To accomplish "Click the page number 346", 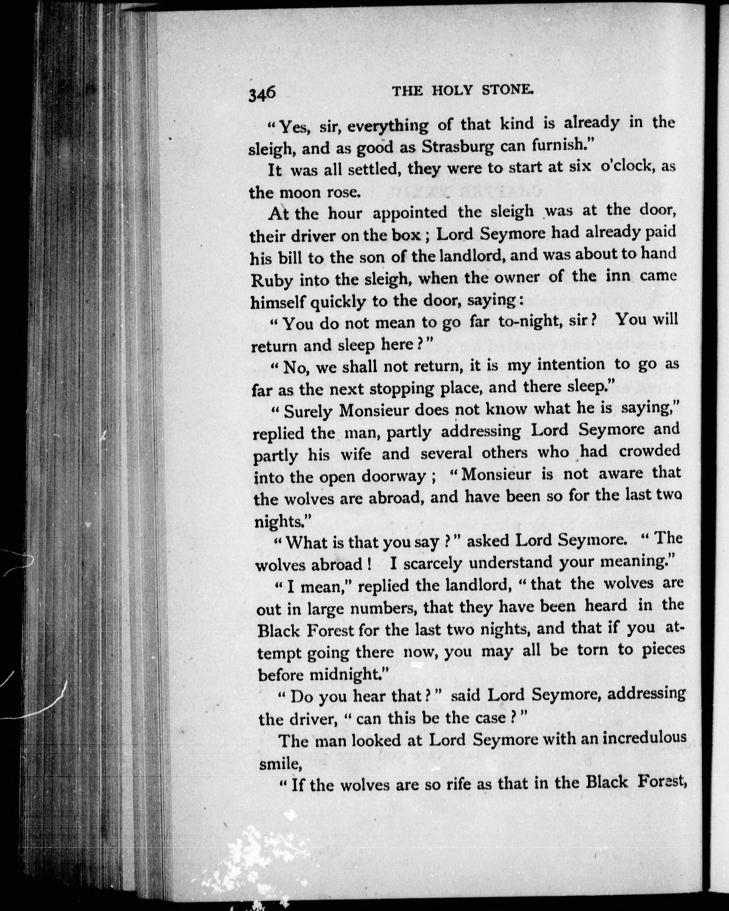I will pyautogui.click(x=262, y=104).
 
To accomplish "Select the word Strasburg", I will pyautogui.click(x=458, y=147).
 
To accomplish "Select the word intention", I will pyautogui.click(x=571, y=365).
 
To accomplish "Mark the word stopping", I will pyautogui.click(x=401, y=389).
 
